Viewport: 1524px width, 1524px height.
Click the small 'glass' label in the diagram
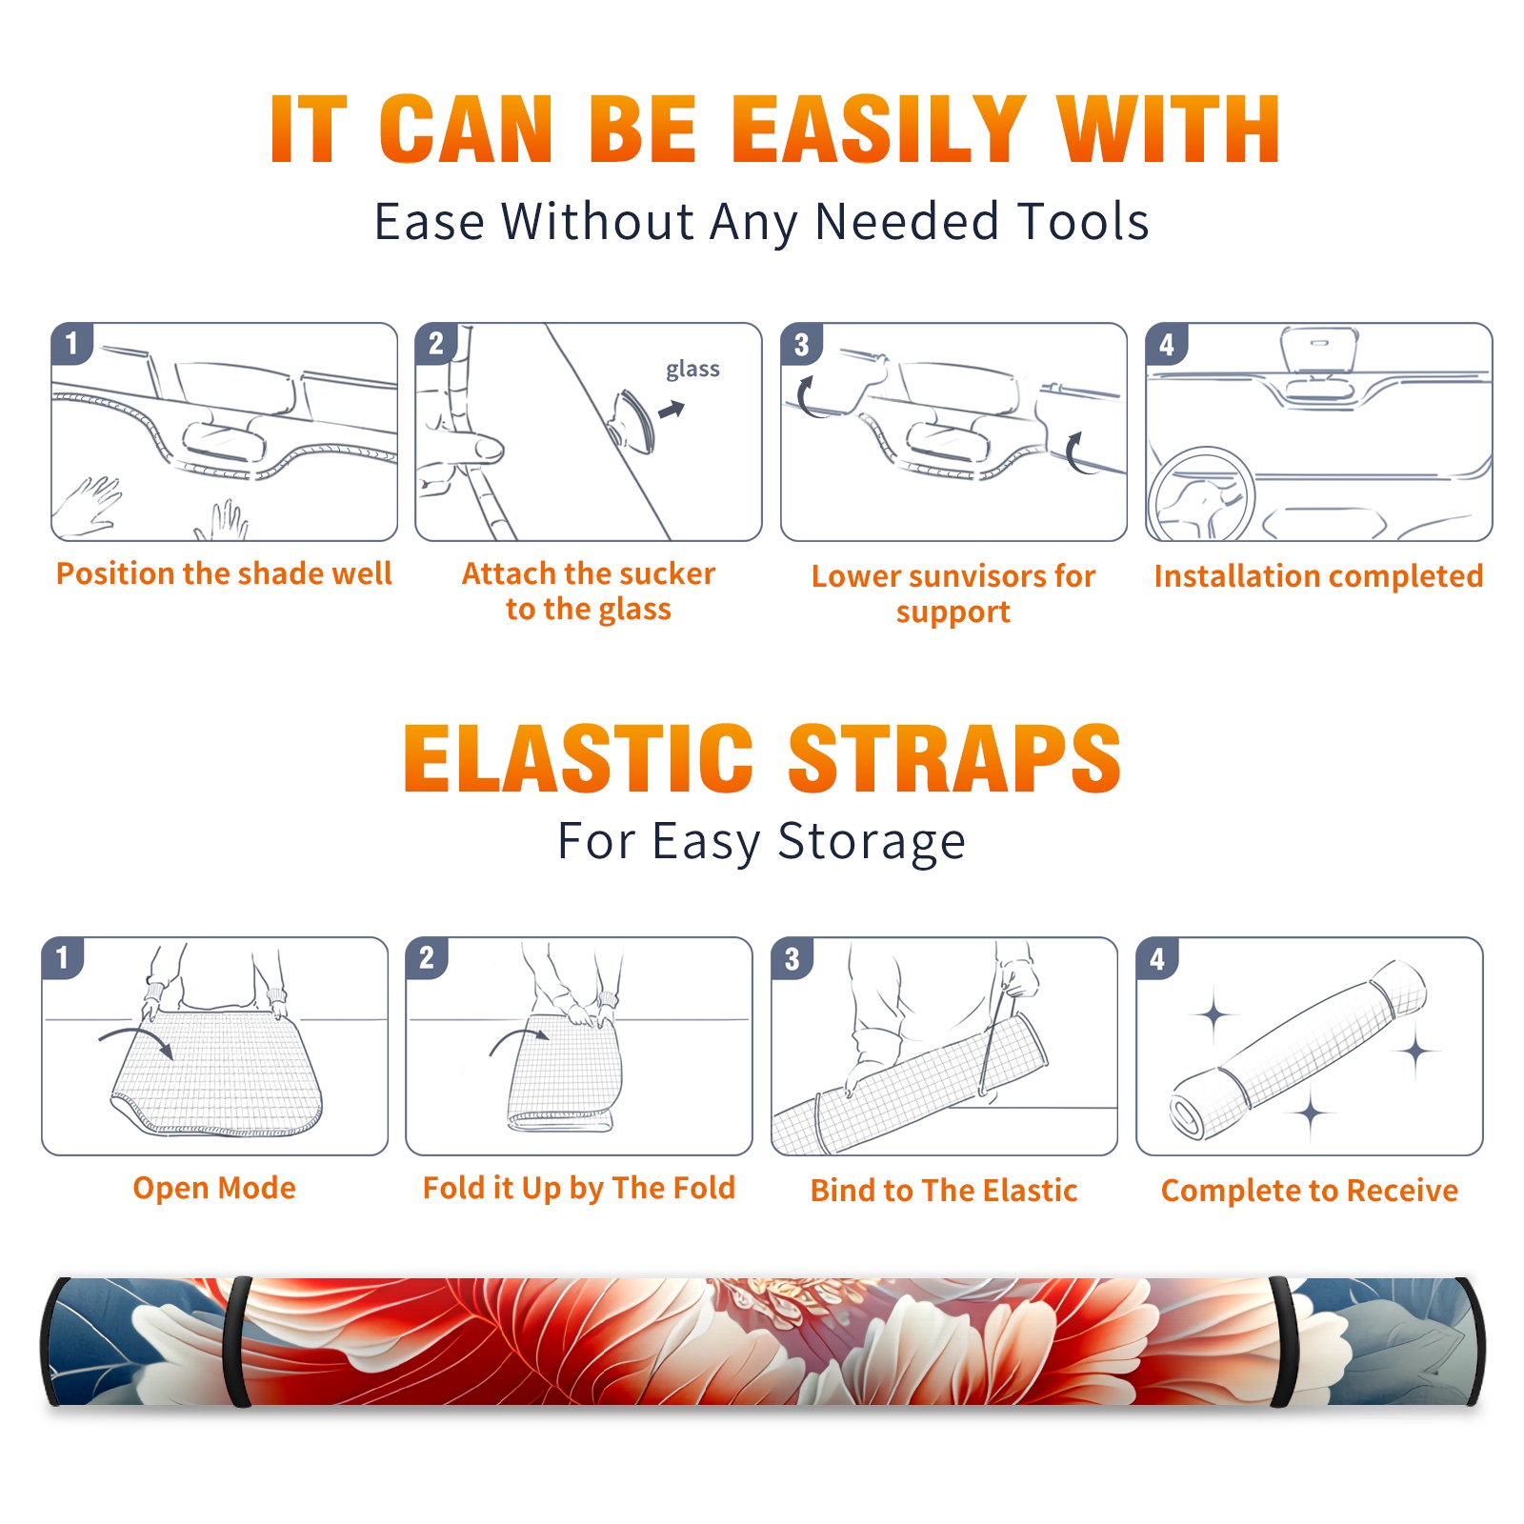point(692,370)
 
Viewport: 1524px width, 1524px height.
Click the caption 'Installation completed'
point(1318,575)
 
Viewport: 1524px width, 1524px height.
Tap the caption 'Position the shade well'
point(224,573)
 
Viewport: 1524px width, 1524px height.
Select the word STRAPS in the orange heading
point(954,758)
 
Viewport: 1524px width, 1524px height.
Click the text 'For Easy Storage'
point(762,842)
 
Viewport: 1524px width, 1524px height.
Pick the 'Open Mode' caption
point(214,1188)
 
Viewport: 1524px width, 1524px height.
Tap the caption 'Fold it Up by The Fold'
point(579,1188)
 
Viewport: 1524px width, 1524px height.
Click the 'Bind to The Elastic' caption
point(944,1191)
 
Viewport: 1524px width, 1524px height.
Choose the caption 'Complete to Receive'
point(1310,1191)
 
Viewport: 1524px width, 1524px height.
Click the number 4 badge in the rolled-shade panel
point(1157,958)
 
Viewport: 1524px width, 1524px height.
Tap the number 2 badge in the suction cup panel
point(436,344)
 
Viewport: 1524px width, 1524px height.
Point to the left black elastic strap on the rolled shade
point(238,1341)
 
